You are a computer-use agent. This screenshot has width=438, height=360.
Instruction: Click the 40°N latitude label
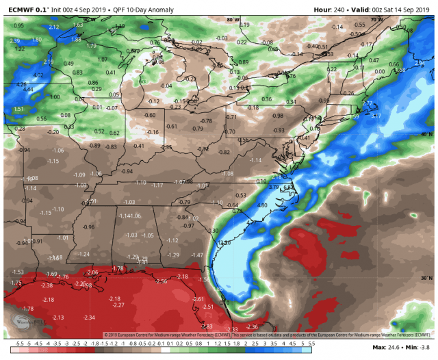click(x=426, y=134)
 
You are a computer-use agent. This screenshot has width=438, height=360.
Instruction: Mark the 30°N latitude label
click(x=426, y=278)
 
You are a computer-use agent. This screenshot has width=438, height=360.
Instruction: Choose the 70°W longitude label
click(x=376, y=21)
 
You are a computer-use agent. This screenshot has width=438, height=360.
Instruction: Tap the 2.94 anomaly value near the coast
click(x=419, y=63)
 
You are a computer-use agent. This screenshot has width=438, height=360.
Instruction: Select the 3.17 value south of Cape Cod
click(x=376, y=116)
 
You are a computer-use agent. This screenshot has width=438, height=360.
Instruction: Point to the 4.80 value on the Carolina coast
click(x=261, y=205)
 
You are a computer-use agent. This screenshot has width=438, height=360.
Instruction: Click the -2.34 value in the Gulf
click(x=89, y=318)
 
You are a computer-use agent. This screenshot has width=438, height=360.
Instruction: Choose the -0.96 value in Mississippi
click(x=88, y=227)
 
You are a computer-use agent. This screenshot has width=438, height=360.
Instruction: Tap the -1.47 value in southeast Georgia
click(x=197, y=255)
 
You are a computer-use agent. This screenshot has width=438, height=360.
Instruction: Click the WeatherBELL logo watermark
click(x=27, y=322)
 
